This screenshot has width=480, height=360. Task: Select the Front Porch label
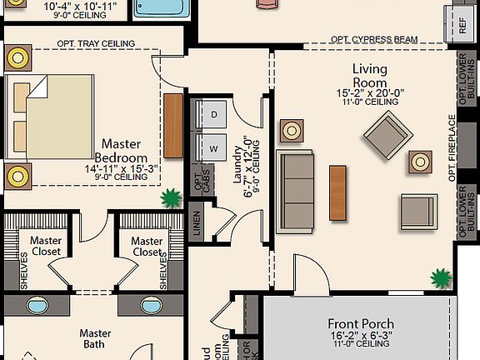click(x=361, y=324)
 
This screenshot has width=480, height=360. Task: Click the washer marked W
click(x=213, y=148)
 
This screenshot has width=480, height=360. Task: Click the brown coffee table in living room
click(x=337, y=193)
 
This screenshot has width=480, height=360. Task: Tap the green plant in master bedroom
click(x=172, y=198)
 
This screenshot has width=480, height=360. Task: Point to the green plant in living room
click(x=439, y=277)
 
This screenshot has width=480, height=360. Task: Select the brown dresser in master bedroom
click(x=172, y=126)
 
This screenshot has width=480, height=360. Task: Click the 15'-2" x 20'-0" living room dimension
click(x=370, y=93)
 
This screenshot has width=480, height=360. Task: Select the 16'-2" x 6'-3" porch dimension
click(x=361, y=337)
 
